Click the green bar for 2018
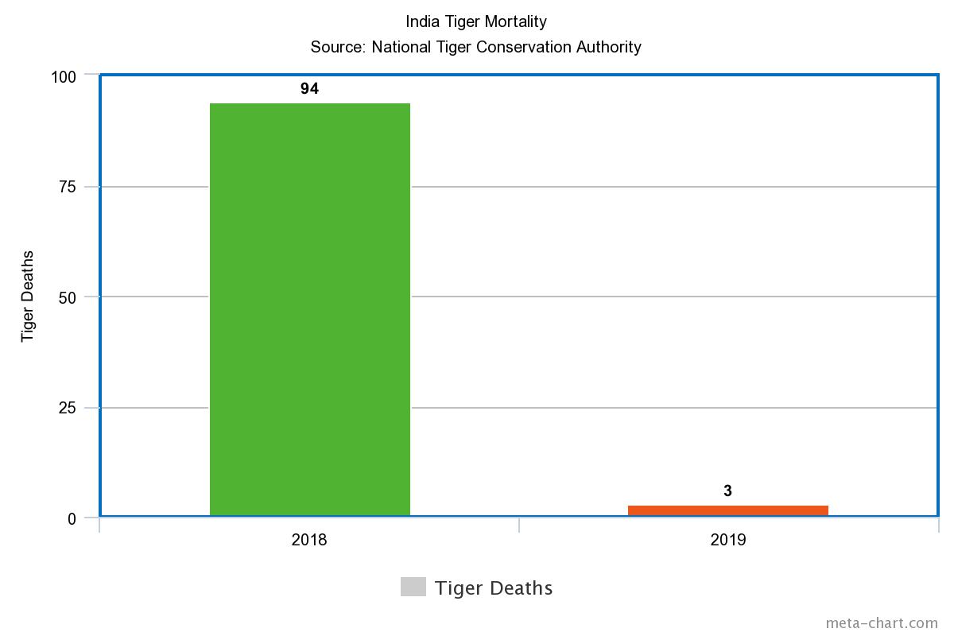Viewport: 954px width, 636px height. tap(310, 310)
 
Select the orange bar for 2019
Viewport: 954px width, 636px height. tap(728, 510)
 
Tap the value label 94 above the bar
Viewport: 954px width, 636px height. tap(310, 89)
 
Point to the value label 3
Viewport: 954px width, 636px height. tap(728, 491)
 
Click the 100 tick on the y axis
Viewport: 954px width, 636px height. tap(64, 76)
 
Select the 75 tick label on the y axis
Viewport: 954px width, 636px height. tap(68, 187)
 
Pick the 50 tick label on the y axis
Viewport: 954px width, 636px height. tap(68, 297)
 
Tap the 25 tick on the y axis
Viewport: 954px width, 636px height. tap(68, 408)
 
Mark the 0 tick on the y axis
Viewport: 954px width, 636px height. tap(72, 518)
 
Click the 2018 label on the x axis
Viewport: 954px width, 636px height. tap(310, 541)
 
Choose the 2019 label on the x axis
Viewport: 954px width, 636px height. tap(728, 541)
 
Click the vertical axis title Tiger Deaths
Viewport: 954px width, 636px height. tap(28, 297)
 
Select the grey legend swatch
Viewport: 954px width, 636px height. tap(413, 587)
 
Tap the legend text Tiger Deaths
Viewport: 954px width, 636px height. tap(494, 588)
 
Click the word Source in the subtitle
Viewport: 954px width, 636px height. tap(337, 47)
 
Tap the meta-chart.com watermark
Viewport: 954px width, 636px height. tap(882, 623)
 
